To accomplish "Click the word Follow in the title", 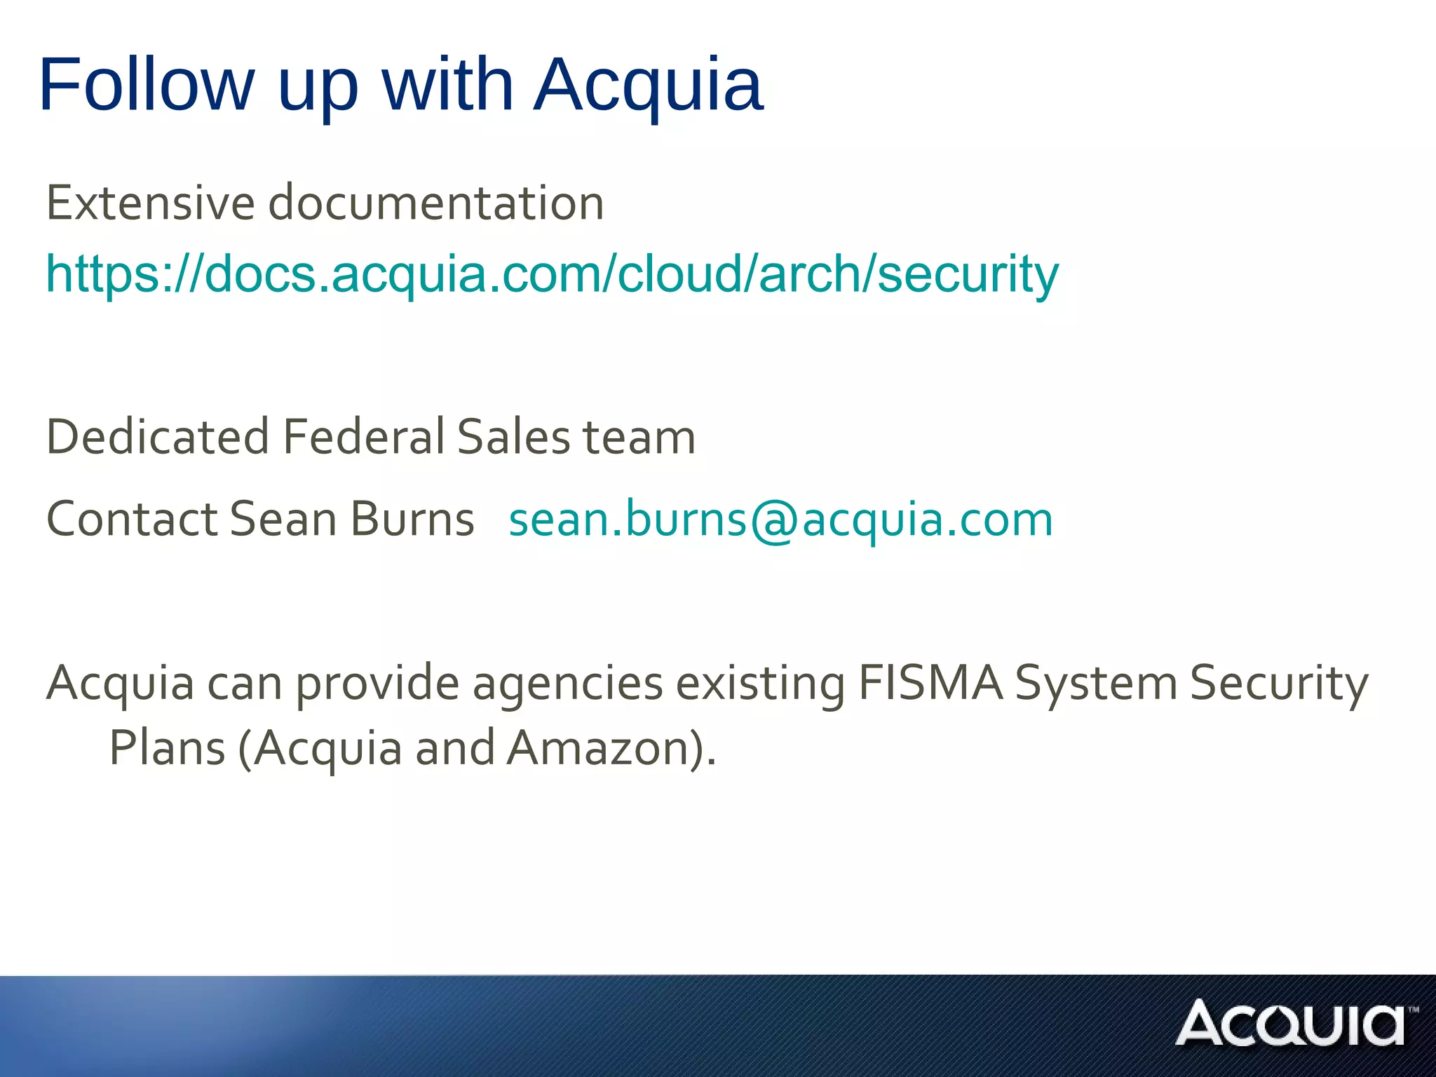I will coord(147,85).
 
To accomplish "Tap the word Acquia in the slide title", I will coord(648,85).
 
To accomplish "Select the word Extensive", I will coord(150,203).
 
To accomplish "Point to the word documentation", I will coord(436,203).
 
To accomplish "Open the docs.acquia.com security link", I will coord(552,273).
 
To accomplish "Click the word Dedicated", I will coord(158,437).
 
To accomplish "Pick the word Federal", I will coord(363,437).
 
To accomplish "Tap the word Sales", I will coord(513,437).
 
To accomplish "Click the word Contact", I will coord(132,519).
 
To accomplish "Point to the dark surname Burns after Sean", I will coord(412,519).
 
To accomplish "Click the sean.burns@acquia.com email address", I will coord(780,520).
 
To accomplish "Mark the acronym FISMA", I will coord(930,682).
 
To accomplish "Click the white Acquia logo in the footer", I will coord(1294,1024).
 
